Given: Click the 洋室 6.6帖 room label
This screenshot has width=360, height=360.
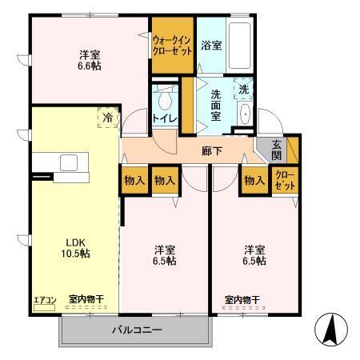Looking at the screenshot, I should coord(90,61).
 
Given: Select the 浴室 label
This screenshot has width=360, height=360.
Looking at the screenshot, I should coord(212,46).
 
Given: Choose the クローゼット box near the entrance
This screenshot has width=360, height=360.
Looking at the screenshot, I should coord(284,180).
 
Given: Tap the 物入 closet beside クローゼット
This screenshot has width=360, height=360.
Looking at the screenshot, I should coord(255,180).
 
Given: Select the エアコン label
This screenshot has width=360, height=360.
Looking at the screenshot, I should coord(44,300).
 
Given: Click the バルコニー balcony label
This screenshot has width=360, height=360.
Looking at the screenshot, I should coord(137,330).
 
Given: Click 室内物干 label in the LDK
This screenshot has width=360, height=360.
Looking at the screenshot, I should coord(86,299).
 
